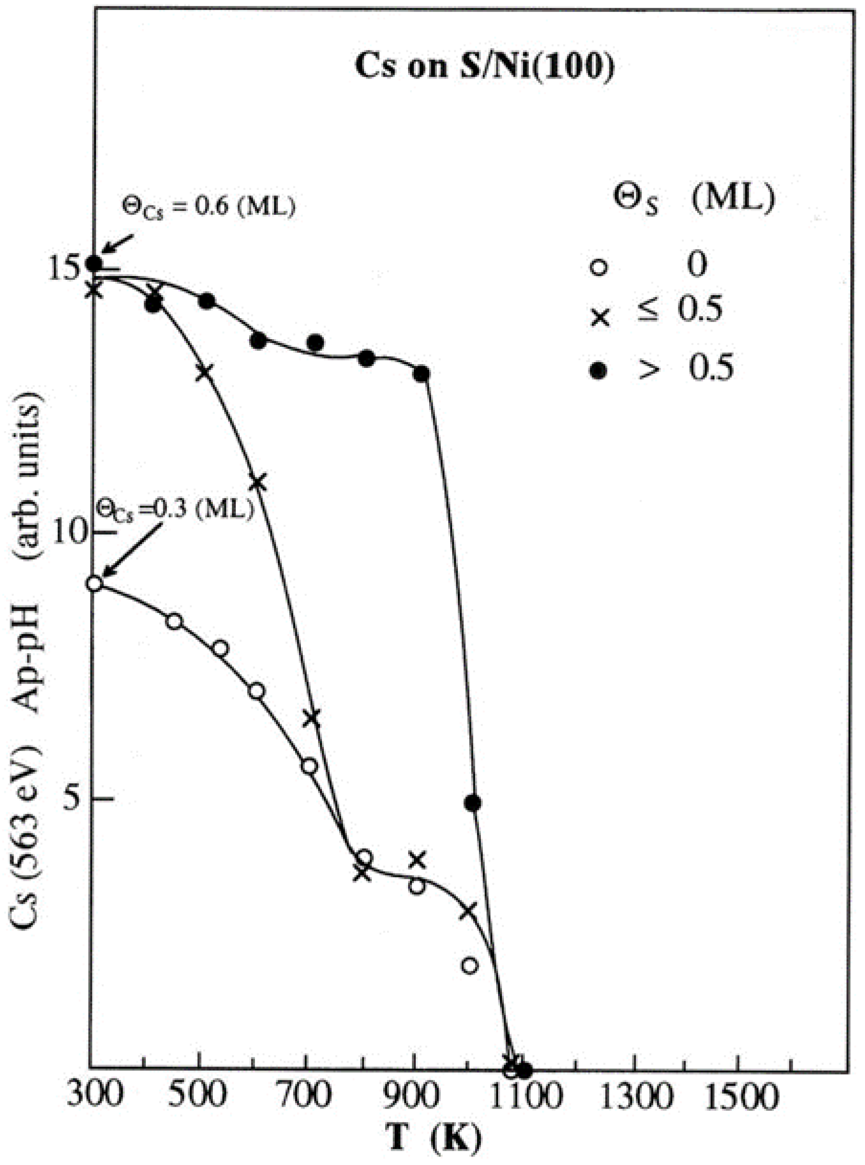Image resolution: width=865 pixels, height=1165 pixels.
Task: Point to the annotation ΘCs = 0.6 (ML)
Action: click(209, 205)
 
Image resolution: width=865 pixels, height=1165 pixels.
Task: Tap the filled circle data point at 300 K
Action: click(94, 262)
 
